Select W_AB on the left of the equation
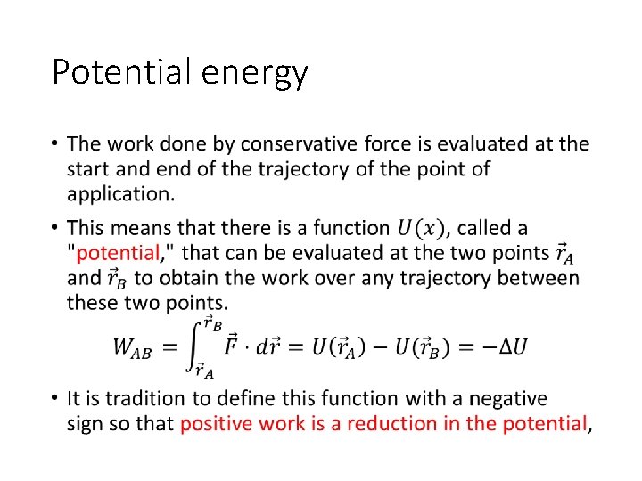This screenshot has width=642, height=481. [132, 347]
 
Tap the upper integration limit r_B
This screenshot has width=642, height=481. [213, 322]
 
